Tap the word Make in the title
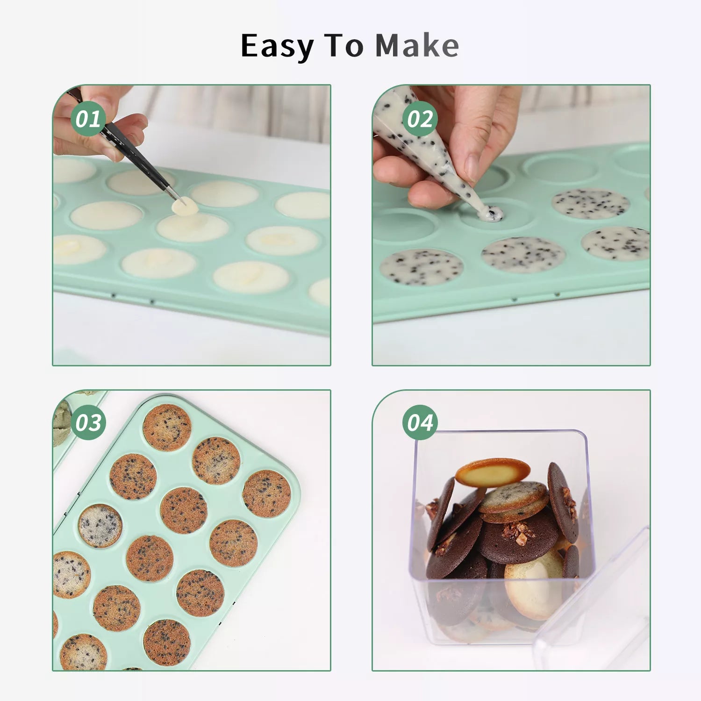[417, 45]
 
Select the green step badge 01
[88, 119]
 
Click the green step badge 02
[420, 119]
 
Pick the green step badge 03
[88, 422]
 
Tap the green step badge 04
[420, 422]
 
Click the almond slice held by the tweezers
[185, 206]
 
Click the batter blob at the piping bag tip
[490, 214]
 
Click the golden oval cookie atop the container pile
[493, 472]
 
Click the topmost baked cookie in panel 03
[167, 428]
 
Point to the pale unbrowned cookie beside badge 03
[100, 526]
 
